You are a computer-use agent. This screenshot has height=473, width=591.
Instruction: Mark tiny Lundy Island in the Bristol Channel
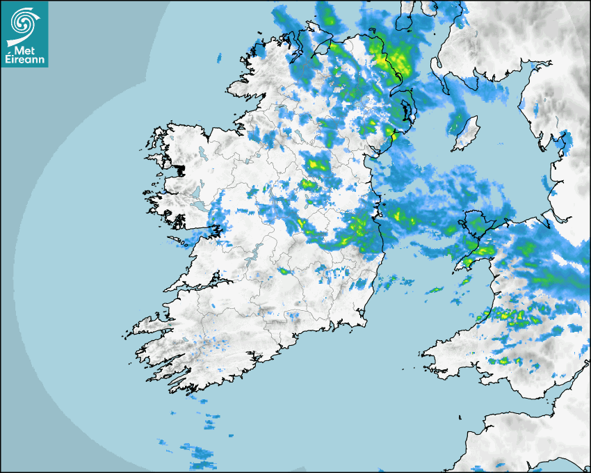click(460, 417)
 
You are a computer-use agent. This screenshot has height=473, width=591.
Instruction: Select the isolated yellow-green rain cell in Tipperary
click(284, 271)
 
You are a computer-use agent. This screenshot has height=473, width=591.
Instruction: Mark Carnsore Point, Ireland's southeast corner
click(366, 322)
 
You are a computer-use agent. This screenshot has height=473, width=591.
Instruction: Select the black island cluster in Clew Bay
click(179, 169)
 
